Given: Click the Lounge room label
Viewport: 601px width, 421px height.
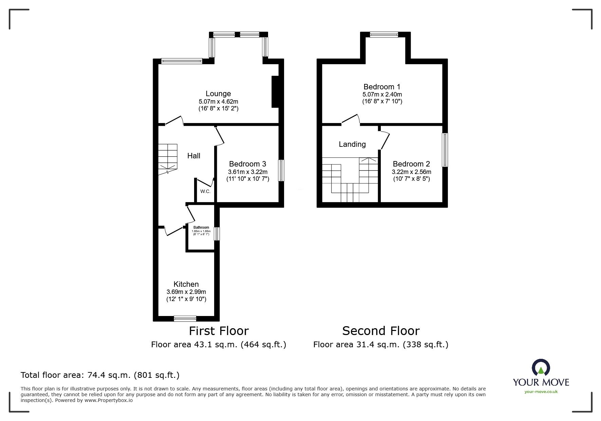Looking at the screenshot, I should coord(218,93).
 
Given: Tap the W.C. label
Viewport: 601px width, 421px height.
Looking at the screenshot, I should coord(205,191).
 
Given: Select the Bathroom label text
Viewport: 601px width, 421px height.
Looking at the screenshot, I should coord(201,227).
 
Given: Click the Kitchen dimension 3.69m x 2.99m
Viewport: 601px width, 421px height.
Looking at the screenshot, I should coord(186,292).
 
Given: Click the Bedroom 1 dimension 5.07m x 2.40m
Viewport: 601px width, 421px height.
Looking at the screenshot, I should coord(382,94).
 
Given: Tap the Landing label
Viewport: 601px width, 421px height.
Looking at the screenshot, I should coord(352,144).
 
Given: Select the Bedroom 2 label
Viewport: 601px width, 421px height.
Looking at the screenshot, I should coord(411,164).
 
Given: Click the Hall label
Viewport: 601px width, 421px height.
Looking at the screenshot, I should coord(194,156).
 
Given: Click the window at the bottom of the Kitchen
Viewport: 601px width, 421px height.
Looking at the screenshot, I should coord(185,318).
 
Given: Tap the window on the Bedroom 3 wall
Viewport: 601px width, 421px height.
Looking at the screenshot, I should coord(281,171).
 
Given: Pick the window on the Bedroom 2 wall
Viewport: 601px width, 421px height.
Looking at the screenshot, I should coord(445,150).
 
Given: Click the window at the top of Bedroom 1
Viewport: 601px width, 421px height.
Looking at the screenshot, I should coord(384,34).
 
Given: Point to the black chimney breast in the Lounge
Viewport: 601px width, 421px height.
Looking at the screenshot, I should coord(275,92).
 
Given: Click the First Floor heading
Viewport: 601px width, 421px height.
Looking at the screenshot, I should coord(219,331).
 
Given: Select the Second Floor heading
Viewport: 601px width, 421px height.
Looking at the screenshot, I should coord(381,331).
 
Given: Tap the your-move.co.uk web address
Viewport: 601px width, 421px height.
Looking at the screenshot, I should coord(541,392).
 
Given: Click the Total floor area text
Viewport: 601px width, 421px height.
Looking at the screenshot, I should coord(100,375).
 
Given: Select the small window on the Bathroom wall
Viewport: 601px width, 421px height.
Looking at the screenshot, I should coord(217,234).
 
